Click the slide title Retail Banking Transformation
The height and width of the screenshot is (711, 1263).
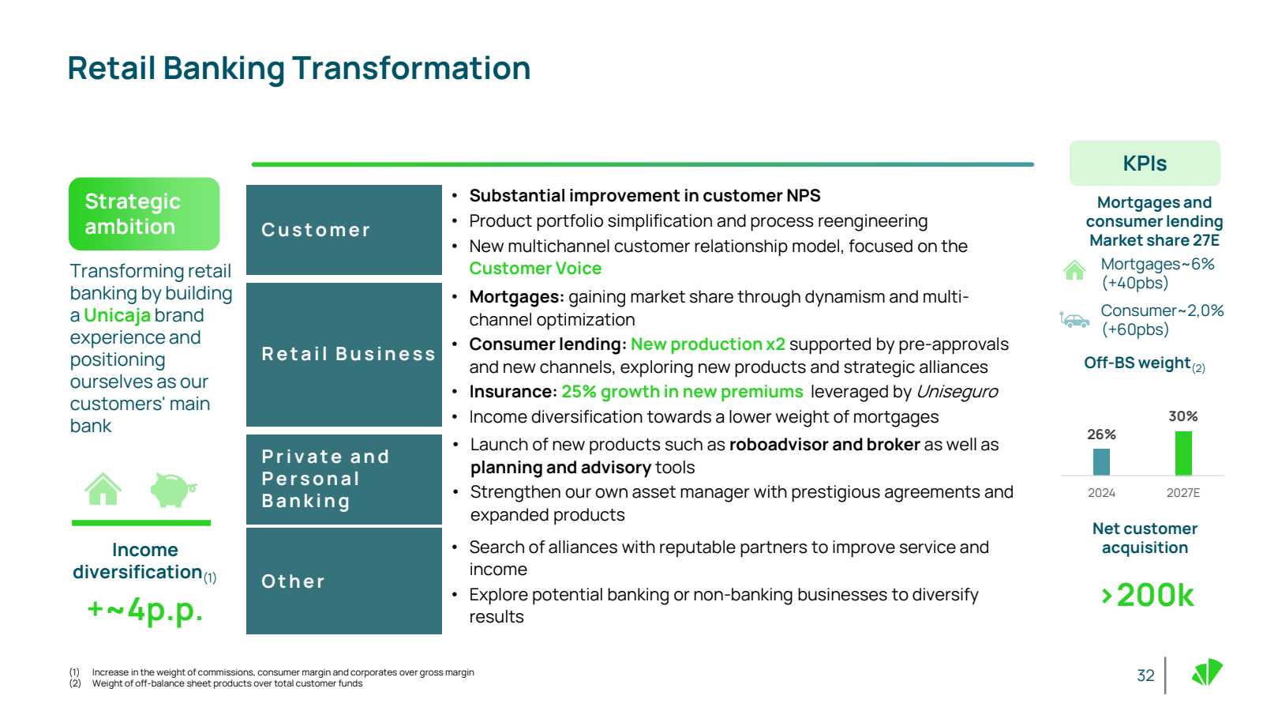point(299,68)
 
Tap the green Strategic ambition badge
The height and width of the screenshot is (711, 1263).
point(144,214)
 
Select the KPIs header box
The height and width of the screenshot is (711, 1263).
point(1145,163)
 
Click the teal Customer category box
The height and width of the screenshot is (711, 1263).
point(344,230)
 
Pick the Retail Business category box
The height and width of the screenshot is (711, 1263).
point(344,355)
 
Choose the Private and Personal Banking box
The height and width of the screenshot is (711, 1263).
point(344,479)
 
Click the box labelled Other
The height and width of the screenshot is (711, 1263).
point(344,581)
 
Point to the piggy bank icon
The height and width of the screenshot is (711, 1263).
point(173,489)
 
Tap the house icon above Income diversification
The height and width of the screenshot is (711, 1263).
point(103,489)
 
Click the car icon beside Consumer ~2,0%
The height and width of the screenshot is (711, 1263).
point(1074,320)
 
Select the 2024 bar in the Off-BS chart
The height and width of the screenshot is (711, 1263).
point(1101,462)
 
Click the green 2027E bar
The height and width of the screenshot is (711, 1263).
point(1183,453)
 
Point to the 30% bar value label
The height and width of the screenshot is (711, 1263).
point(1183,416)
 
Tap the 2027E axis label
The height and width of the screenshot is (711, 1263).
point(1183,493)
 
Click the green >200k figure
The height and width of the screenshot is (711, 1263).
point(1148,595)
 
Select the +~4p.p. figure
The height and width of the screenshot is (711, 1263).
point(145,610)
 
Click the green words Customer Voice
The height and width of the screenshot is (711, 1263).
point(535,268)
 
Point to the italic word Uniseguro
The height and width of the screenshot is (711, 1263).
point(957,391)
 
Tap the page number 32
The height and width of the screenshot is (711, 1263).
point(1145,675)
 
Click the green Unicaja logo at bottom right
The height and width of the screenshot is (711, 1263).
point(1207,672)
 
